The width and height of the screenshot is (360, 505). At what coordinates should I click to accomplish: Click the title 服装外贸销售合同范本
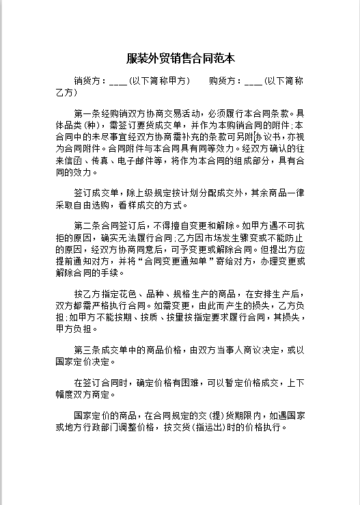tap(180, 59)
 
